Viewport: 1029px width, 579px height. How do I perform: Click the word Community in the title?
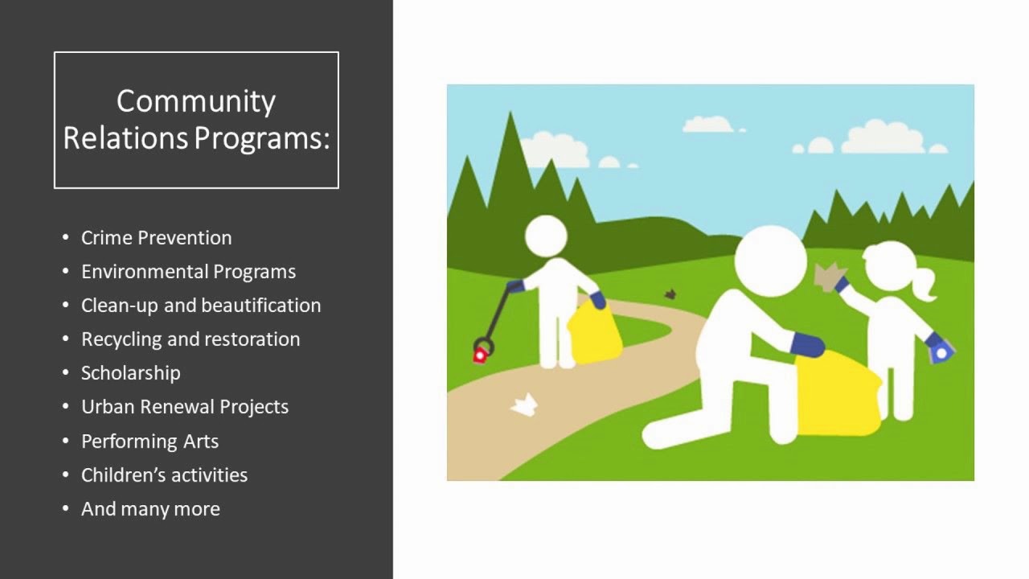[x=196, y=101]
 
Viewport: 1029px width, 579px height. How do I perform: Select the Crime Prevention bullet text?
[x=156, y=238]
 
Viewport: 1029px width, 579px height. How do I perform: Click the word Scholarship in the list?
[x=130, y=373]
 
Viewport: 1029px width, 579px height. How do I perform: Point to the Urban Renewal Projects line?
[x=184, y=407]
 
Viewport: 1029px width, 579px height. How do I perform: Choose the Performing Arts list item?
[x=150, y=441]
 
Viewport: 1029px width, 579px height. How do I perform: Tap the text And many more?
[x=150, y=509]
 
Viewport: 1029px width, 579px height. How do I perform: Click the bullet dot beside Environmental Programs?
[x=66, y=272]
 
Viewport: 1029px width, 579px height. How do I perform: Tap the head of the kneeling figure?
[x=769, y=260]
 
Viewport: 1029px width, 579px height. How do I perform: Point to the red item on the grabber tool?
[x=480, y=354]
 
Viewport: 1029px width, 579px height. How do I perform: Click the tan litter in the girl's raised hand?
[x=826, y=277]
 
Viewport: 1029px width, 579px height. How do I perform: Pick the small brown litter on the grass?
[x=670, y=294]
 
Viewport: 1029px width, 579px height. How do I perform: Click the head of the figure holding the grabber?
[x=546, y=236]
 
